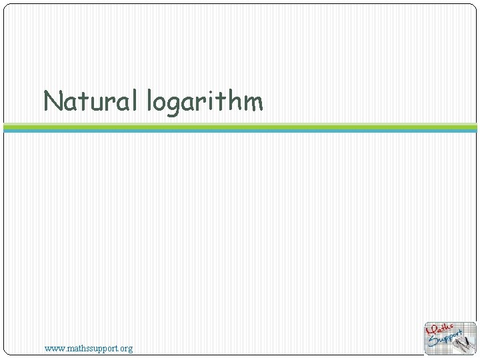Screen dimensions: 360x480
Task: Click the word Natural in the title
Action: click(90, 101)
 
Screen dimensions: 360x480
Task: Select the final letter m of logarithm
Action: click(253, 102)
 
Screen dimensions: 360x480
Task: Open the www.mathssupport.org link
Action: click(89, 348)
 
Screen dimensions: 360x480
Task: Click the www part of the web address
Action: click(53, 348)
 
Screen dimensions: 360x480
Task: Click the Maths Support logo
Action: click(451, 338)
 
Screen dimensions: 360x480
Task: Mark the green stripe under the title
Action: click(240, 126)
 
